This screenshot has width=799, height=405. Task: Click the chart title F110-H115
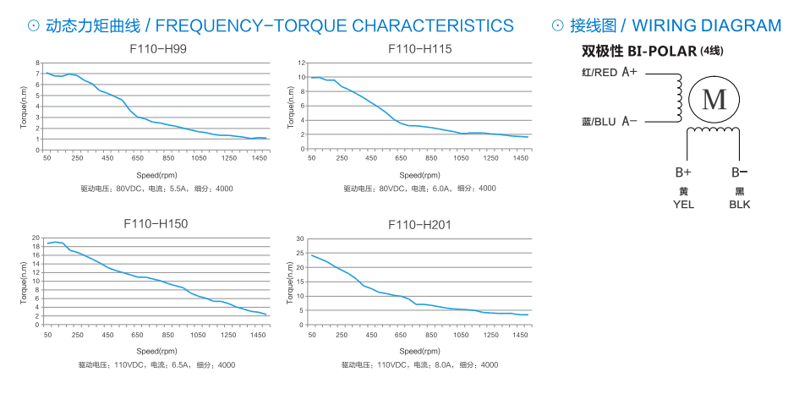click(420, 49)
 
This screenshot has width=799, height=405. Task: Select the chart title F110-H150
click(156, 224)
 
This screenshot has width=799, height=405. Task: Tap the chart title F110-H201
click(420, 224)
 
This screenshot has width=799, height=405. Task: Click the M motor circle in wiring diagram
click(714, 100)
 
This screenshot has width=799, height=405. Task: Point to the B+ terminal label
click(683, 172)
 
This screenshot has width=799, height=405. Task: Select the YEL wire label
click(683, 204)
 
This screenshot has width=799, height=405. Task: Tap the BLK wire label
click(739, 204)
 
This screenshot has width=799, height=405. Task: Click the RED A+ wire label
click(610, 73)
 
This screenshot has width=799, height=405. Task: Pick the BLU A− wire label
click(610, 122)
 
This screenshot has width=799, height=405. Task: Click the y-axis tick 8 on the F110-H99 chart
click(37, 63)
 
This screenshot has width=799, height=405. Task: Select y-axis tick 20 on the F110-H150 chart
click(36, 238)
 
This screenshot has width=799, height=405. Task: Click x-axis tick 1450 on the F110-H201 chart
click(521, 336)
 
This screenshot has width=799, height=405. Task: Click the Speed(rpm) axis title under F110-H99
click(156, 172)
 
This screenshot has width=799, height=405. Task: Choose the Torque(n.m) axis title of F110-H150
click(25, 282)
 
